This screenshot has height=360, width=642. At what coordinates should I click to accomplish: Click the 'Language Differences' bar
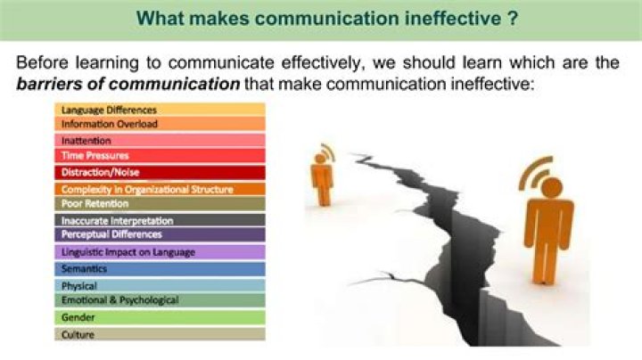160,110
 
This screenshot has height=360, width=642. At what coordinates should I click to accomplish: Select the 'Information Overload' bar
160,124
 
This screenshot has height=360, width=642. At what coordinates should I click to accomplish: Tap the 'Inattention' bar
160,141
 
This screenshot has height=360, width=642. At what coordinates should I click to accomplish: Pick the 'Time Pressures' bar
160,156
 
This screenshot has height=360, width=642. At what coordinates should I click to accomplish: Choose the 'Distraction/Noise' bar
160,173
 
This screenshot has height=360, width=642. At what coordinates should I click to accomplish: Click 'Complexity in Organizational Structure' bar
160,190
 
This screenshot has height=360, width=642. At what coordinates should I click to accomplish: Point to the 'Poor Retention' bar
160,204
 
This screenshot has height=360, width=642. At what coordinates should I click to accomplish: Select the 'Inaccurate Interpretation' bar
160,220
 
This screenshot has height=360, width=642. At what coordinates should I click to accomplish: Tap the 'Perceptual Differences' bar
160,234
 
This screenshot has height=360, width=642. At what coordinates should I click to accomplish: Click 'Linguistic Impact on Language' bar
160,252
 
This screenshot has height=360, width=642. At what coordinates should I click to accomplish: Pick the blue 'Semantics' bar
160,269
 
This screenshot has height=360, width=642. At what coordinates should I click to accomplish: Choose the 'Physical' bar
160,285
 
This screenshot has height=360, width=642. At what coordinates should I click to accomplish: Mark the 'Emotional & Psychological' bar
160,300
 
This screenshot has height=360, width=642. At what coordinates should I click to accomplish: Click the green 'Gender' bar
160,317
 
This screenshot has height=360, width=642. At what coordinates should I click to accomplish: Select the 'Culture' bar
160,334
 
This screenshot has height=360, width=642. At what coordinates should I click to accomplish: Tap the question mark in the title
513,19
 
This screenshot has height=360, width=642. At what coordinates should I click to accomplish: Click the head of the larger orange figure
552,188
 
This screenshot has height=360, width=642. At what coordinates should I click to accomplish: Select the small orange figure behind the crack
322,175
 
